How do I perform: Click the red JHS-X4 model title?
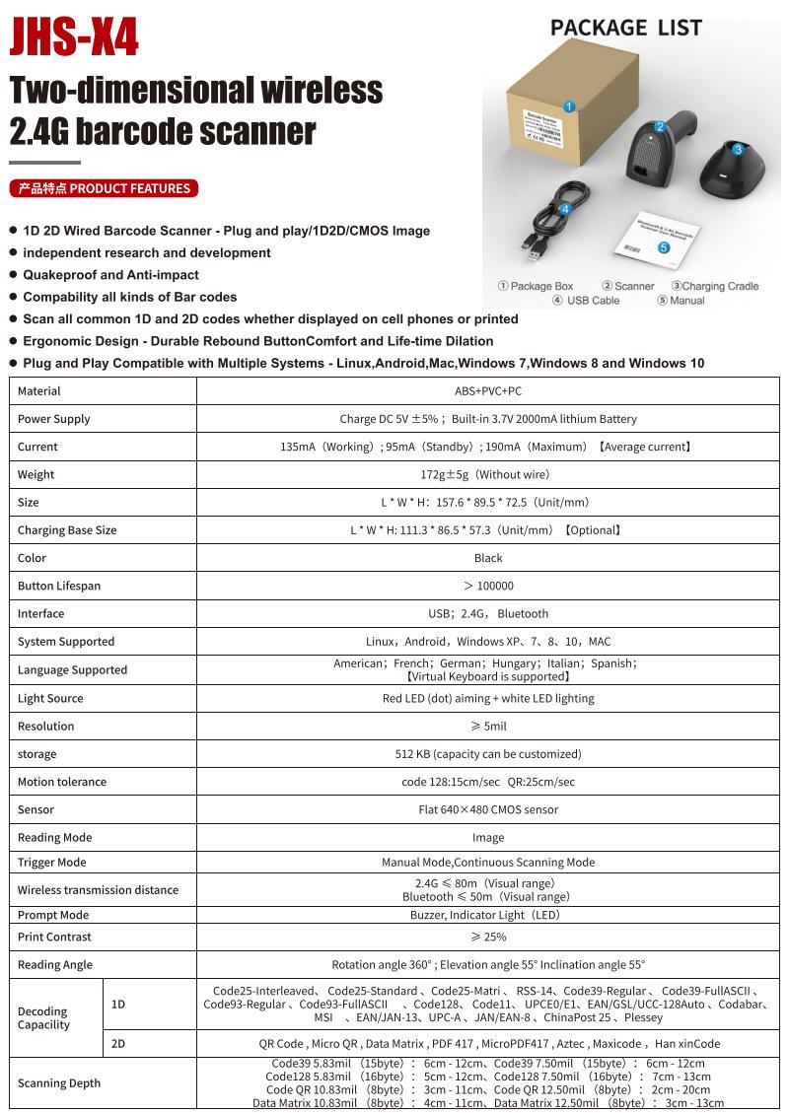point(74,38)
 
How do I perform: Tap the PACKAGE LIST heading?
point(625,27)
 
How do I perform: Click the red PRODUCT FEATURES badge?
point(104,188)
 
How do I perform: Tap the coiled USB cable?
point(553,218)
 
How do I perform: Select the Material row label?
point(39,391)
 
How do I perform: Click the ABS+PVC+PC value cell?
point(488,391)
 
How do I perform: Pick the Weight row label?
point(36,474)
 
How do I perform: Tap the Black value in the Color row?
point(488,558)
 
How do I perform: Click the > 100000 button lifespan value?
point(488,586)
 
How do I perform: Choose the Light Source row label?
point(50,698)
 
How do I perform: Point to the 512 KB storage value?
point(488,754)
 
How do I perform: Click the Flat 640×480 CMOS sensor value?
point(488,809)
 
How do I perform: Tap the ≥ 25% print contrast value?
point(488,937)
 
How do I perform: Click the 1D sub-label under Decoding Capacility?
point(118,1005)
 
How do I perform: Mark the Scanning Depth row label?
point(59,1083)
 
